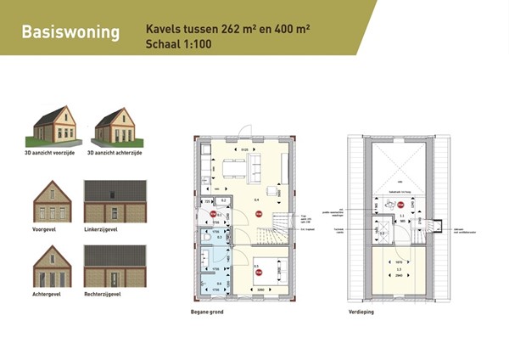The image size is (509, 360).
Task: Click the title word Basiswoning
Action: click(70, 32)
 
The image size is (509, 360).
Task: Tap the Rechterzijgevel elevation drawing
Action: click(115, 267)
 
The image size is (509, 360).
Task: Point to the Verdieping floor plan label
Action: click(362, 312)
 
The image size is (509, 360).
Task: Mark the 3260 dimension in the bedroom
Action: click(262, 290)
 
